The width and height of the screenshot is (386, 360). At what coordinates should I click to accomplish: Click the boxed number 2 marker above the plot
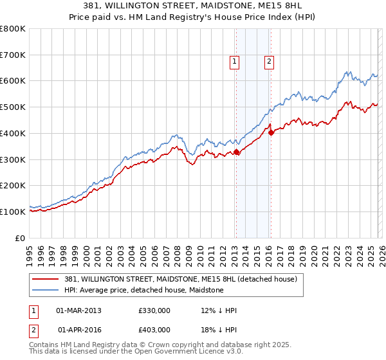(x=268, y=62)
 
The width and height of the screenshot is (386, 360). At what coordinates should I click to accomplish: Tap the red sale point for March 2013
(x=236, y=152)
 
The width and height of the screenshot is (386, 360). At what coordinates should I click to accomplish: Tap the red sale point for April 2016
(x=271, y=132)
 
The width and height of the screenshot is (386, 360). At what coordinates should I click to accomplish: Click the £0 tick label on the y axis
(x=20, y=238)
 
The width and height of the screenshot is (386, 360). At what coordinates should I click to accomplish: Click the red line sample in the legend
(x=46, y=280)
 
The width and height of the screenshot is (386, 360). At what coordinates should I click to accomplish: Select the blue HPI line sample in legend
(x=46, y=291)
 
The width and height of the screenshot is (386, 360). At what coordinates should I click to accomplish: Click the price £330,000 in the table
(x=154, y=310)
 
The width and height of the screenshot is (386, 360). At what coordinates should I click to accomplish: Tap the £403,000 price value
(x=154, y=329)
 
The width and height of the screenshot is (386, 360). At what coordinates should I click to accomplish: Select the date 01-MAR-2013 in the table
(x=78, y=310)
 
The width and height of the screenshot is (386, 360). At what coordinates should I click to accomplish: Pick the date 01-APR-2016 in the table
(x=78, y=329)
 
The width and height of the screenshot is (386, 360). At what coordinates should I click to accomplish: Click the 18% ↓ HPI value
(x=219, y=329)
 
